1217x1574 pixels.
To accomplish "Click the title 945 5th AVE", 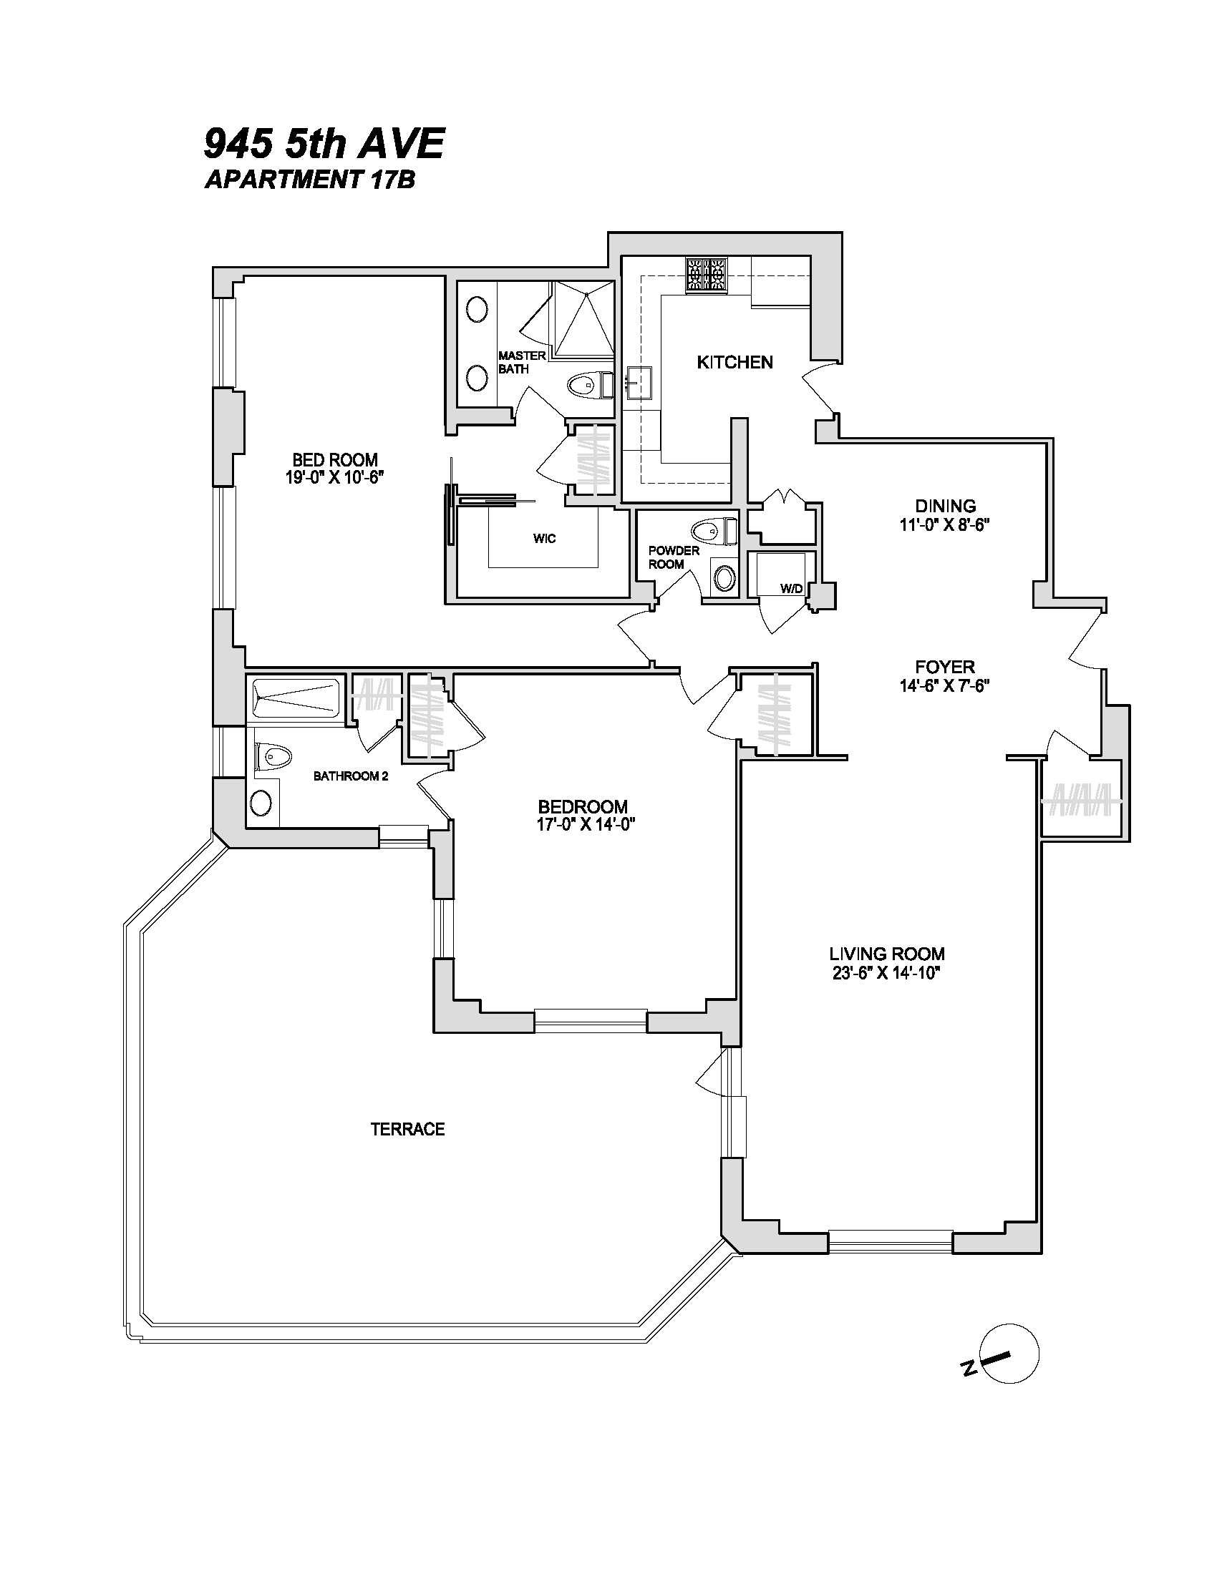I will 324,143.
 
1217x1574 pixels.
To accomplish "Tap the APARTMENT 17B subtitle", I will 310,180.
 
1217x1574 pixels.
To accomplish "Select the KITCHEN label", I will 734,362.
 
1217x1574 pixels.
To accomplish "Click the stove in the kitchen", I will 706,275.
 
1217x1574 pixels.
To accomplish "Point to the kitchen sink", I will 639,383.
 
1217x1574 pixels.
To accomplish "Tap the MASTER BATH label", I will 521,362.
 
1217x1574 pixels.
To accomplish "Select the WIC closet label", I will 544,538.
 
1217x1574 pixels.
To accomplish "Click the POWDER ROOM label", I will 674,557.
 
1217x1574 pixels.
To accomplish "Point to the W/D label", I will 791,589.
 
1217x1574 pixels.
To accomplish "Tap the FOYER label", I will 944,667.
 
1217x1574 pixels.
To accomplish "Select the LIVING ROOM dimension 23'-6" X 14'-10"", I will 887,973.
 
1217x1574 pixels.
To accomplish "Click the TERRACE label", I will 407,1129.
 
